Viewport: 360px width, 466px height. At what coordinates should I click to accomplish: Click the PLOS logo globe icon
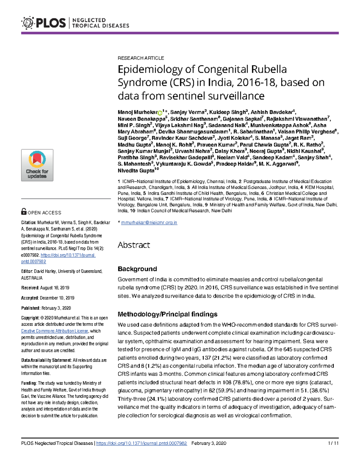coord(28,23)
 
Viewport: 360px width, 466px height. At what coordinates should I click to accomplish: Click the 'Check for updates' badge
coord(37,165)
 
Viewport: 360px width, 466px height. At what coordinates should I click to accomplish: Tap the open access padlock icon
coord(24,212)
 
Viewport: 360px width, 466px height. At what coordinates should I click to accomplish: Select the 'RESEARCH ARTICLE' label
coord(141,58)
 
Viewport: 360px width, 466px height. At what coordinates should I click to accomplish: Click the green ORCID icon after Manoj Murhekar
coord(160,113)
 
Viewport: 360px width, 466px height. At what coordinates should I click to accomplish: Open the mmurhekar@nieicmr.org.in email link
coord(149,223)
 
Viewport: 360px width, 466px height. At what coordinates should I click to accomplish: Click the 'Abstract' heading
coord(133,245)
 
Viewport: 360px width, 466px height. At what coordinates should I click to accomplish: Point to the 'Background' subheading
coord(137,269)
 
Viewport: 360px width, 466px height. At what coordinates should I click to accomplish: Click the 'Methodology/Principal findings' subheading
coord(167,314)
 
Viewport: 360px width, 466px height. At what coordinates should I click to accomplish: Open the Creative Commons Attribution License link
coord(55,331)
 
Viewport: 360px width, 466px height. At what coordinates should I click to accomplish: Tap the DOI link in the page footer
coord(141,443)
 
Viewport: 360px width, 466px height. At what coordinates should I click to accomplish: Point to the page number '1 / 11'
coord(333,443)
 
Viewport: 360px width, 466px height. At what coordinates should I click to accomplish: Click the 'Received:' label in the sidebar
coord(30,288)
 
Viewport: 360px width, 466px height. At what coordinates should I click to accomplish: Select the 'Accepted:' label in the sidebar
coord(30,298)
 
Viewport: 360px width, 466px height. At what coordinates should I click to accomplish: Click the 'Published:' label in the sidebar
coord(30,308)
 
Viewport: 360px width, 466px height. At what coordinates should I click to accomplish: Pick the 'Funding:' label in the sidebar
coord(29,383)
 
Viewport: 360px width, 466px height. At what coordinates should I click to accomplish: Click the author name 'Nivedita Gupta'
coord(136,171)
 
